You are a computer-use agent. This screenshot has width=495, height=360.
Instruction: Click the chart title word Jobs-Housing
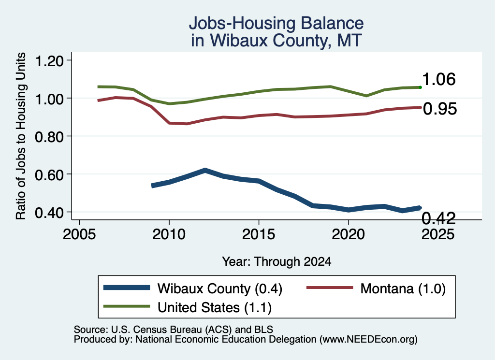click(242, 24)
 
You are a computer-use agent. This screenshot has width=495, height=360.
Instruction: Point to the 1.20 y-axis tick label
click(49, 60)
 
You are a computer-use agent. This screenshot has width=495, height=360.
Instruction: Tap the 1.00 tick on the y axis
click(49, 99)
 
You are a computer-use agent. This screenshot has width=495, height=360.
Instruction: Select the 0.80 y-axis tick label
click(49, 137)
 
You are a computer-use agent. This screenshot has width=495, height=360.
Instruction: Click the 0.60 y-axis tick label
click(49, 174)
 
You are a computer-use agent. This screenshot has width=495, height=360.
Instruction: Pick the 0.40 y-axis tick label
click(49, 212)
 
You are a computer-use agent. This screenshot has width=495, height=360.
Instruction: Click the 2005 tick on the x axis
click(79, 234)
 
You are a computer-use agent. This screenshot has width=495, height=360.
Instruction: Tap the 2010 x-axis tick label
click(169, 234)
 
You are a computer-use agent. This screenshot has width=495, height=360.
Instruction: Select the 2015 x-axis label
click(259, 234)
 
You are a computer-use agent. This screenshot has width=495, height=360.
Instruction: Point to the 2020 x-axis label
click(348, 234)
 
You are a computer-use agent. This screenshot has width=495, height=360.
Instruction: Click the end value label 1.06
click(439, 79)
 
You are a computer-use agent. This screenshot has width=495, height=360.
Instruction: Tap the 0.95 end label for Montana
click(440, 109)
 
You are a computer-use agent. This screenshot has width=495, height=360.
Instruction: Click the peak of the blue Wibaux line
click(205, 171)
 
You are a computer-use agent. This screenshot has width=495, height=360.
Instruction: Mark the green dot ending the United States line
click(420, 87)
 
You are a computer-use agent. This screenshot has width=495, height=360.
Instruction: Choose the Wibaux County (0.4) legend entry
click(193, 288)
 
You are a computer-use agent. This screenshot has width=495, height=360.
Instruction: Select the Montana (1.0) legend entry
click(376, 288)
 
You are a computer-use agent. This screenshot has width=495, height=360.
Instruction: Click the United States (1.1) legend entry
click(188, 307)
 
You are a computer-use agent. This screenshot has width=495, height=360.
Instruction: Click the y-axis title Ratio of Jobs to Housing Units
click(21, 136)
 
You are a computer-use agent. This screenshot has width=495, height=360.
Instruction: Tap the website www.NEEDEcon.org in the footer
click(368, 339)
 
